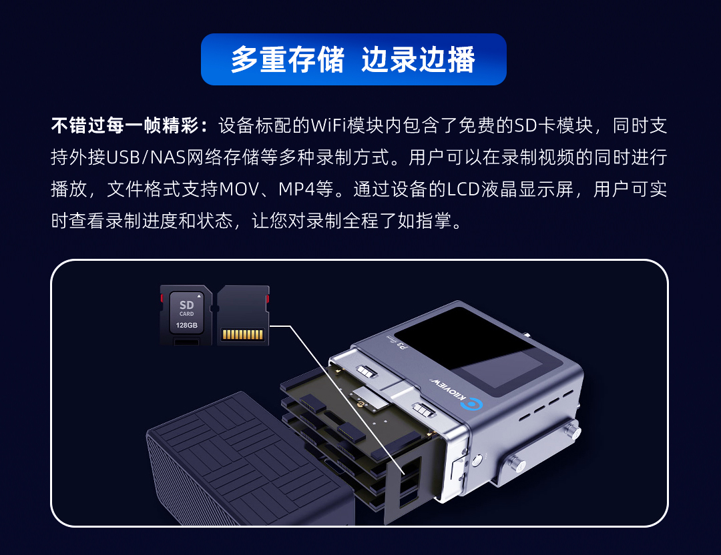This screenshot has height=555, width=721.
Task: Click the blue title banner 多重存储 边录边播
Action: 354,59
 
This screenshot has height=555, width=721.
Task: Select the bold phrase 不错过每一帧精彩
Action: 125,125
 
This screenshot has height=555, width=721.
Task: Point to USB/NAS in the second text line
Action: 146,157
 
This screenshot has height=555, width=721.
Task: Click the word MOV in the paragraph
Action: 239,189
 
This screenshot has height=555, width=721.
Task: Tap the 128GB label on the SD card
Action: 187,326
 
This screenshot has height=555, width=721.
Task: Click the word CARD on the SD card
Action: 187,314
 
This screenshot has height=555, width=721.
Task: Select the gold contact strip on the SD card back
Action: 243,334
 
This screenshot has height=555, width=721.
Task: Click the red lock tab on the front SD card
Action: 162,298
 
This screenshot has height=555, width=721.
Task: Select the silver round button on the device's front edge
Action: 477,458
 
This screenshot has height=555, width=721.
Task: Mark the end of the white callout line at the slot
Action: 404,474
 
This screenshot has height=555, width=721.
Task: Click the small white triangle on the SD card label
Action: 199,296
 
